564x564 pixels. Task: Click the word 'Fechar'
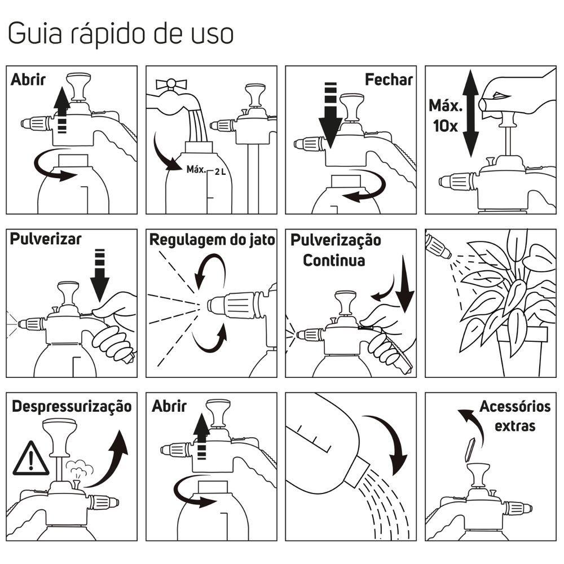[x=389, y=80]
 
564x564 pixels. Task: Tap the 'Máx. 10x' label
[x=446, y=116]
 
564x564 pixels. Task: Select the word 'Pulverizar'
[x=46, y=239]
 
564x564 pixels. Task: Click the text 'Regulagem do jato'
[x=212, y=240]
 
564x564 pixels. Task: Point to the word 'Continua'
[x=334, y=260]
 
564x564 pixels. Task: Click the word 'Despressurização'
[x=72, y=407]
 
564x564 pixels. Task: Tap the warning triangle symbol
[x=30, y=459]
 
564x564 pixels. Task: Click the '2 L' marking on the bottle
[x=220, y=172]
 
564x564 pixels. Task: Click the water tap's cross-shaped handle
[x=171, y=85]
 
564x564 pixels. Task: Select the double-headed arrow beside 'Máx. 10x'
[x=470, y=114]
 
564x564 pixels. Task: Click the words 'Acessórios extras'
[x=515, y=416]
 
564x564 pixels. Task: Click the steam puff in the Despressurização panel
[x=80, y=468]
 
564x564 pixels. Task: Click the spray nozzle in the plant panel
[x=438, y=246]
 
